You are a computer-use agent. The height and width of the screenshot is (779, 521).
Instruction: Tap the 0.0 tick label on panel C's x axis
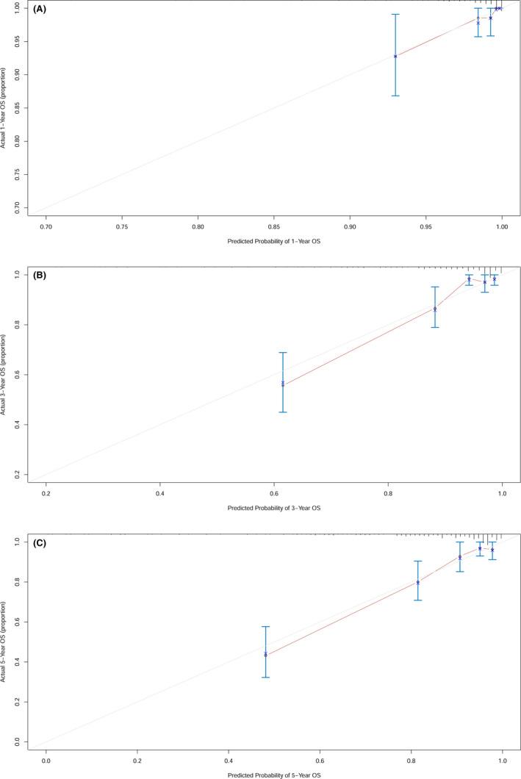point(46,759)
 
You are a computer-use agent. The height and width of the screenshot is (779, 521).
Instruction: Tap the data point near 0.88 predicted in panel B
point(435,309)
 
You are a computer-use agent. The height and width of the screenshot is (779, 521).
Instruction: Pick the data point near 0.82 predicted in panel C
point(417,582)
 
